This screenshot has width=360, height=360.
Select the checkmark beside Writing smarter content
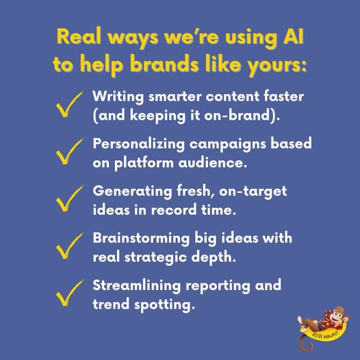[69, 105]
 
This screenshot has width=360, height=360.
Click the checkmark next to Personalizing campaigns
[69, 151]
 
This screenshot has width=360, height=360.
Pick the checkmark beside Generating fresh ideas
[69, 199]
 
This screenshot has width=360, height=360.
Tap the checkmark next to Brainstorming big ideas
[69, 246]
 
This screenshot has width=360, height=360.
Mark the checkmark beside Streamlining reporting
[69, 293]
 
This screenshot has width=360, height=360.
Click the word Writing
[118, 97]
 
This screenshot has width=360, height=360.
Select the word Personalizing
[139, 144]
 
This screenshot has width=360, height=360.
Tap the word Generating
[133, 192]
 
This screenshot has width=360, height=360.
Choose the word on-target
[253, 192]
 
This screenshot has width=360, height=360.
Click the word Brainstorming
[141, 239]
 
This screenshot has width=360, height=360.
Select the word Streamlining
[137, 286]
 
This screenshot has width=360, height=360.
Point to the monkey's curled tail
[306, 344]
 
